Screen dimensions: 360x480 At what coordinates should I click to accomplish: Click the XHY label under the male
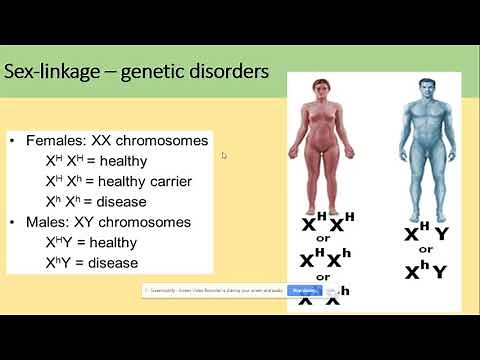[x=425, y=233]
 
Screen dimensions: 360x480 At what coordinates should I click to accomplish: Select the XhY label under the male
[x=425, y=270]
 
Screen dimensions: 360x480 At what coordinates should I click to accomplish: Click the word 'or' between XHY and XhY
[x=425, y=250]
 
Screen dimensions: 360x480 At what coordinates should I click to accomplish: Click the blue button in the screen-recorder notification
[x=300, y=290]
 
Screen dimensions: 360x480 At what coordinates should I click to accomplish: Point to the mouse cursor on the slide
[x=224, y=155]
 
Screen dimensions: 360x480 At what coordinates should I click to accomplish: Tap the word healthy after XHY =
[x=110, y=242]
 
